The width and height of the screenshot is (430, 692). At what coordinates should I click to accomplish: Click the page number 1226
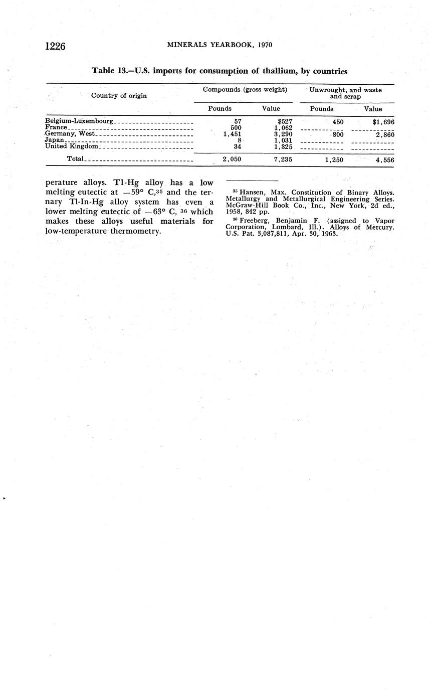(56, 46)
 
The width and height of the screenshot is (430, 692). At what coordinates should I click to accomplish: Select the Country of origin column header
(119, 95)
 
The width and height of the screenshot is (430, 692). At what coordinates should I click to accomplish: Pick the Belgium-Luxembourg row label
(79, 121)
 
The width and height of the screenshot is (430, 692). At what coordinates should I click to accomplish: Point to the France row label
(56, 127)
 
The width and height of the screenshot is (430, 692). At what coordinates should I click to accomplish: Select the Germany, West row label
(70, 134)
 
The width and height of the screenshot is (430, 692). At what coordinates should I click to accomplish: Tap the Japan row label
(54, 140)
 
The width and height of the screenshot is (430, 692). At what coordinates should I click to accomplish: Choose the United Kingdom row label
(71, 146)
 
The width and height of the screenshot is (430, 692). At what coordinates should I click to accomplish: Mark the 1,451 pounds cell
(232, 134)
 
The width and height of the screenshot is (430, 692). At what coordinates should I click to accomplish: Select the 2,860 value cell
(384, 134)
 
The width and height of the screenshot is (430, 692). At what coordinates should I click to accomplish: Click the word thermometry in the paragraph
(136, 231)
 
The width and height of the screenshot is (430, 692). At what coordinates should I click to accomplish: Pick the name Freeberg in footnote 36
(254, 221)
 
